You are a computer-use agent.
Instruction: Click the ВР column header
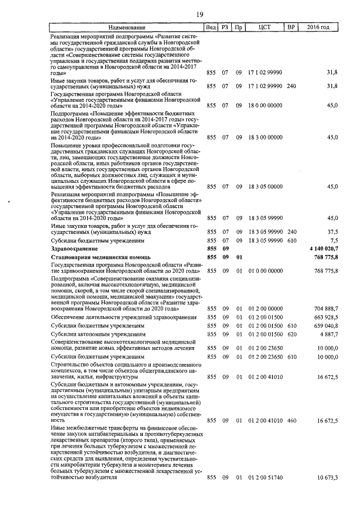pos(291,27)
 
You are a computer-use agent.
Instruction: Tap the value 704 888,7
pos(325,309)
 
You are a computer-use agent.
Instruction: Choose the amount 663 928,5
pos(325,318)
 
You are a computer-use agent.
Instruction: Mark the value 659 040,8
pos(325,326)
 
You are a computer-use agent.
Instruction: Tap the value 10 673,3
pos(326,478)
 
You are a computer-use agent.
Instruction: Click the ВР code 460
pos(291,420)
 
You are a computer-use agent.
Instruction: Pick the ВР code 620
pos(291,334)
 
